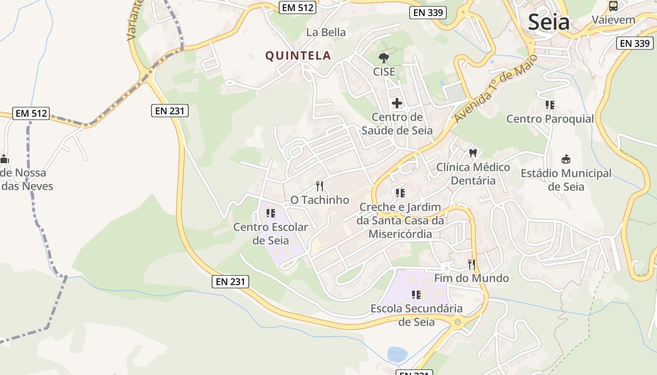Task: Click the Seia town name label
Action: click(x=549, y=22)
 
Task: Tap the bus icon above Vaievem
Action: click(x=613, y=6)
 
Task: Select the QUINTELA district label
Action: click(x=298, y=56)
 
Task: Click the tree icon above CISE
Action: click(x=384, y=58)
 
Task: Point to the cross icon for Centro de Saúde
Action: click(x=397, y=103)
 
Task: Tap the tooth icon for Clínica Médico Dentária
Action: click(x=473, y=153)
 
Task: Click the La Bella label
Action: click(x=326, y=32)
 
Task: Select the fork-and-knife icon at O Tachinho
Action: click(x=320, y=186)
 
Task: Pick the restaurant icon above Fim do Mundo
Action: click(x=472, y=264)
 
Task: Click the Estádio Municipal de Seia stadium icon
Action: click(x=566, y=159)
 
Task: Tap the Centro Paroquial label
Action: click(x=550, y=119)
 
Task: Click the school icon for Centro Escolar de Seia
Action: click(x=271, y=214)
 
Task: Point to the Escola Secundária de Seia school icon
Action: click(x=416, y=295)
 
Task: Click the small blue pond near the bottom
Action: click(x=397, y=354)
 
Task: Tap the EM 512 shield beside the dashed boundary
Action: click(x=31, y=113)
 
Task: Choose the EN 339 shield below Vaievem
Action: click(x=634, y=43)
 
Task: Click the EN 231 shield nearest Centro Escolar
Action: click(x=230, y=282)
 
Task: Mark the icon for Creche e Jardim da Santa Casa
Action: click(x=400, y=193)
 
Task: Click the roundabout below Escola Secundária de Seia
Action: click(x=458, y=322)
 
